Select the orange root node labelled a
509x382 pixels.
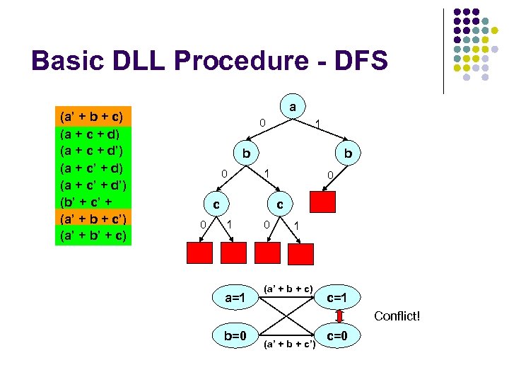[x=292, y=107]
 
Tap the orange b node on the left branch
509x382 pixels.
[x=245, y=154]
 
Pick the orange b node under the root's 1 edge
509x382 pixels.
[x=348, y=154]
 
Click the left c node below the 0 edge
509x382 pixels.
[x=216, y=204]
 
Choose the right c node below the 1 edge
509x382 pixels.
[x=280, y=204]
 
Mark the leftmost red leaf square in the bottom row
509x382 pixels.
[x=198, y=253]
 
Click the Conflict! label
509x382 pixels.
[x=397, y=316]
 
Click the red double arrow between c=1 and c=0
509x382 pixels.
[x=339, y=316]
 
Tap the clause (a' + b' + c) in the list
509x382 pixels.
[x=92, y=235]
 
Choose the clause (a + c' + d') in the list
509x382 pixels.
[x=92, y=184]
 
